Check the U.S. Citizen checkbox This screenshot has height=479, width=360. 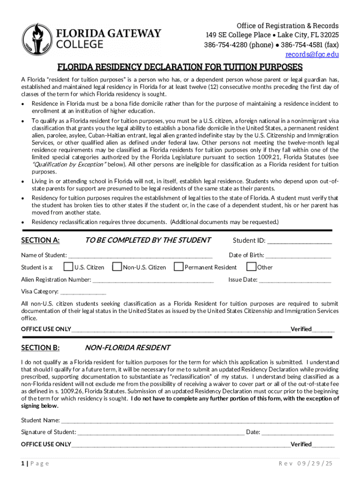click(x=68, y=267)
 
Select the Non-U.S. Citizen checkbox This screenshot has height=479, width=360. click(x=116, y=267)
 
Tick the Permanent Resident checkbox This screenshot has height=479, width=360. click(x=178, y=267)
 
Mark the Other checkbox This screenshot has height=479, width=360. click(x=251, y=267)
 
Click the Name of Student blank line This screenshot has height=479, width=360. click(x=140, y=256)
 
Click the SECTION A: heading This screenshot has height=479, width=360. click(x=40, y=240)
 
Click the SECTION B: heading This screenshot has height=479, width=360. click(x=40, y=348)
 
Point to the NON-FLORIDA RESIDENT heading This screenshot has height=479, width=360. click(x=127, y=348)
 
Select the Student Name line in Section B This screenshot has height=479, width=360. click(x=197, y=421)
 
